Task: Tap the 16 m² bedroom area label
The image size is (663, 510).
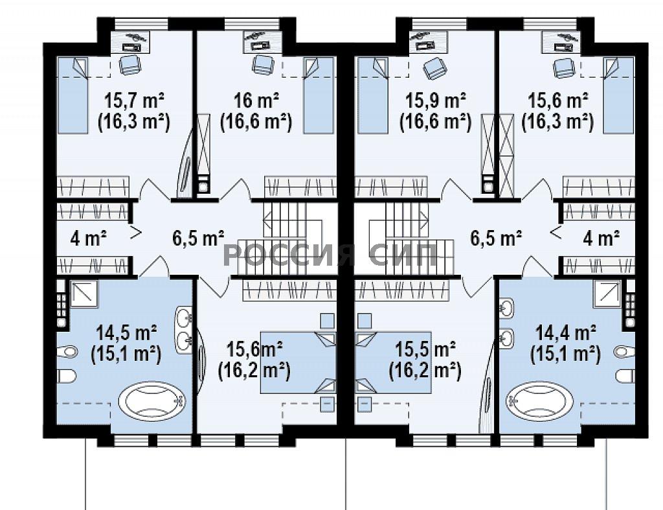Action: click(x=256, y=100)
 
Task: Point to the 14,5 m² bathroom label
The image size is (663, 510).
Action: click(x=127, y=332)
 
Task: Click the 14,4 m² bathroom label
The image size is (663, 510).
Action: click(x=566, y=332)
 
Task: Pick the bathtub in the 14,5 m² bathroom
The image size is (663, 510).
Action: click(x=152, y=400)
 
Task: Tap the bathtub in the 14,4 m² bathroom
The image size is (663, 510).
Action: click(x=539, y=400)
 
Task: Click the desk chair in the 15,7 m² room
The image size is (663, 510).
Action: click(x=128, y=65)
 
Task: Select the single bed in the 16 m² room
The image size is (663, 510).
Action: click(x=319, y=95)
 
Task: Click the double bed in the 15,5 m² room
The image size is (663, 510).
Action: click(x=393, y=363)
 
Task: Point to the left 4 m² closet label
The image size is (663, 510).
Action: click(x=88, y=238)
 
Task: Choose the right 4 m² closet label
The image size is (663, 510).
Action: click(x=601, y=238)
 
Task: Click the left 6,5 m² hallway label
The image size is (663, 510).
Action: click(x=198, y=237)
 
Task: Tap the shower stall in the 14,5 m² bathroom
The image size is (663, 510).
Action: click(x=84, y=294)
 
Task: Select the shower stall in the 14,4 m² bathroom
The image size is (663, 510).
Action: click(x=607, y=294)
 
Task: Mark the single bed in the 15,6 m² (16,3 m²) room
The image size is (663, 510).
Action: click(x=619, y=95)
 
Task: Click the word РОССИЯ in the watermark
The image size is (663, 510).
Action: click(x=289, y=255)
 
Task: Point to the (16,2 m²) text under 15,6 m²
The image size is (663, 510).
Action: click(x=254, y=371)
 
